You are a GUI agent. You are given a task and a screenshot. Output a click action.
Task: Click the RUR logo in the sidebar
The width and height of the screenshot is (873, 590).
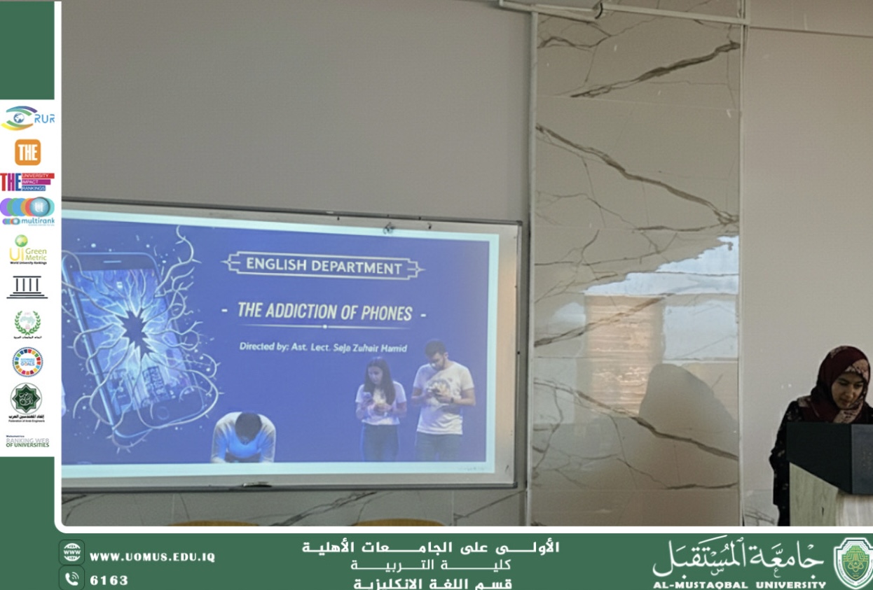[x=27, y=118]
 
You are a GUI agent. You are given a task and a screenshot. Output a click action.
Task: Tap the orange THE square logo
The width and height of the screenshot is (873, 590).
[x=27, y=152]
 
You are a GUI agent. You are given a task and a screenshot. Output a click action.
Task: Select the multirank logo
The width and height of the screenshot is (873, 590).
[x=27, y=211]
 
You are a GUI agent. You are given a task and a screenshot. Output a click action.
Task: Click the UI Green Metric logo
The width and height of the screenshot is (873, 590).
[x=27, y=250]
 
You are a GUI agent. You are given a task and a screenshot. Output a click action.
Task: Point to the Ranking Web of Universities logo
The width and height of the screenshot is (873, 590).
[x=27, y=442]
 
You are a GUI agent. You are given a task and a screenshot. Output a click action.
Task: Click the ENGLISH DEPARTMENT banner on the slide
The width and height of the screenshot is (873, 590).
[x=324, y=266]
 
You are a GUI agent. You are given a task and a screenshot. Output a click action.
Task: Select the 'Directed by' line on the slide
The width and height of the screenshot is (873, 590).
[x=324, y=346]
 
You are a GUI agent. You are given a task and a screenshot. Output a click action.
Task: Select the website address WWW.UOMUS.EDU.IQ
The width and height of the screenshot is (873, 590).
[x=152, y=558]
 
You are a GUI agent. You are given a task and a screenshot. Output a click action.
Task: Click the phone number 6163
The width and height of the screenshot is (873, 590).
[x=109, y=580]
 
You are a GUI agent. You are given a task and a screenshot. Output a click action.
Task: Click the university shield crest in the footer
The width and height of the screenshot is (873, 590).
[x=853, y=561]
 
